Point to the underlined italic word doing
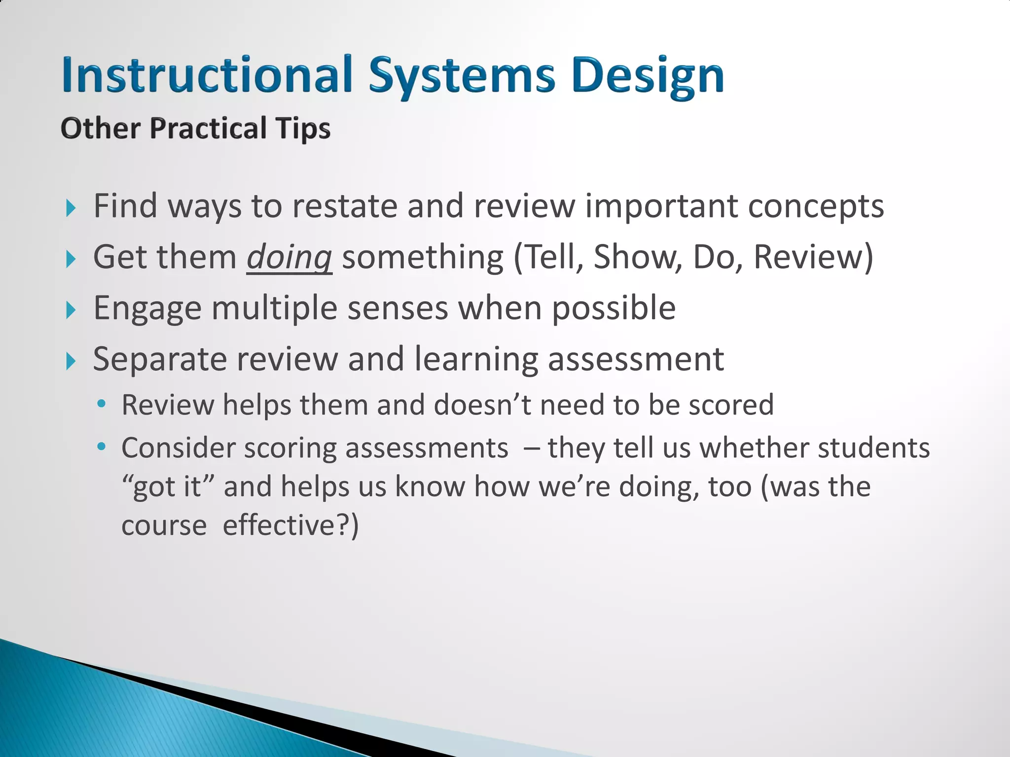tap(289, 257)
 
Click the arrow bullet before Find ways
tap(71, 208)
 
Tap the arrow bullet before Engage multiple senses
tap(71, 310)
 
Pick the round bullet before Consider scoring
tap(102, 447)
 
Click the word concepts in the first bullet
tap(816, 206)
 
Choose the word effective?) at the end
tap(291, 525)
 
